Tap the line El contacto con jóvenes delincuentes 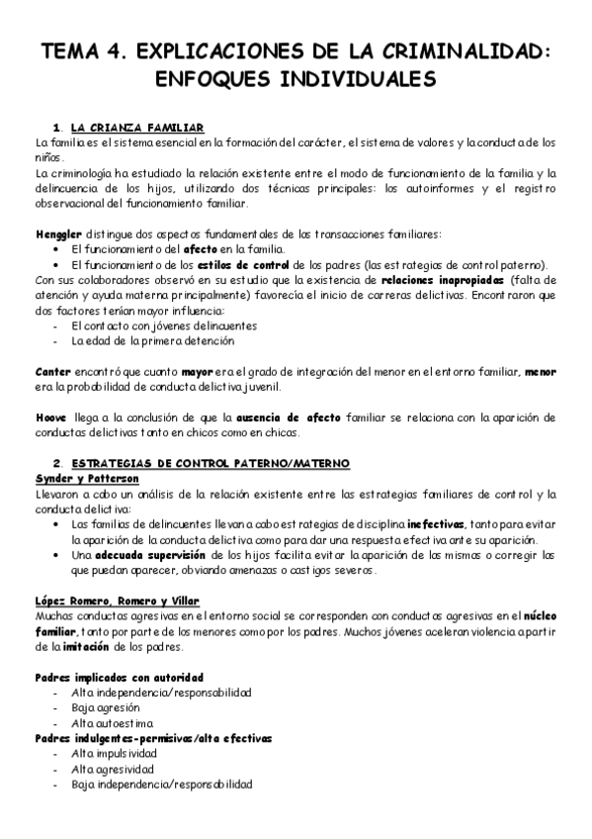[150, 326]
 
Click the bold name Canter [52, 371]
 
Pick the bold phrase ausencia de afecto [295, 416]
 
